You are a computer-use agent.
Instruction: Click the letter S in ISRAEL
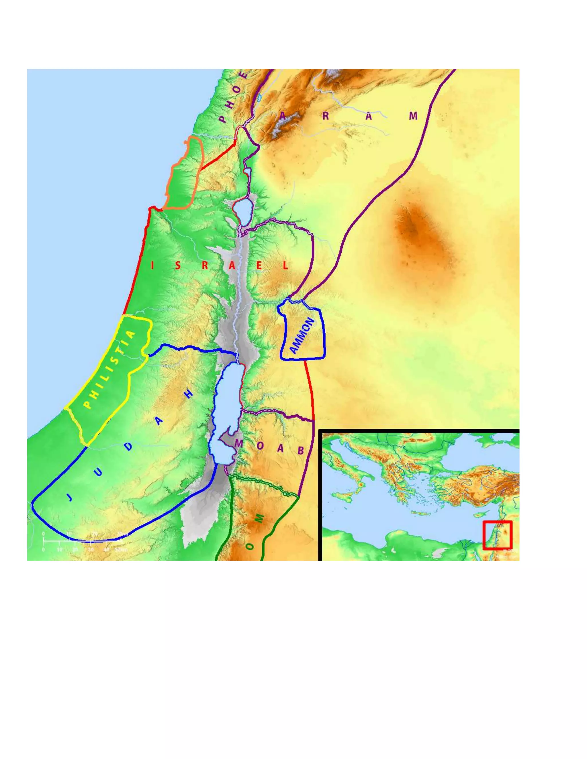[x=178, y=266]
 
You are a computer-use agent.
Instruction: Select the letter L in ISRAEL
[x=285, y=266]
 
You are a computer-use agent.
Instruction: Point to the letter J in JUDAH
[x=70, y=498]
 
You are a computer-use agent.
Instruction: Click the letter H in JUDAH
[x=189, y=394]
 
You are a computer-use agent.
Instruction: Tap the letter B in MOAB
[x=301, y=451]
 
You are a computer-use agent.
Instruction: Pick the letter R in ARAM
[x=326, y=116]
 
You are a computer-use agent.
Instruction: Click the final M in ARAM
[x=413, y=116]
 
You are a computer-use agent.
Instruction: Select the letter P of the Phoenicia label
[x=222, y=119]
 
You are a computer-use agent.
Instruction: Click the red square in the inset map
[x=497, y=535]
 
